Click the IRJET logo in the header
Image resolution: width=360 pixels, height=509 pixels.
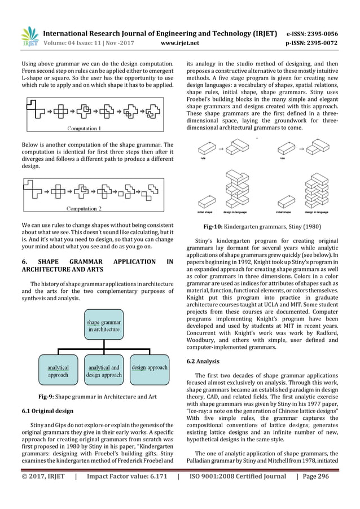pyautogui.click(x=29, y=36)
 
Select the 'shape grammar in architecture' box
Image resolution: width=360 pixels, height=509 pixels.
pyautogui.click(x=103, y=325)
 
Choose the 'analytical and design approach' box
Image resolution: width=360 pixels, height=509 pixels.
pyautogui.click(x=103, y=371)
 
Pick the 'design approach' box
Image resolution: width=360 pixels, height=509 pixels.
pyautogui.click(x=149, y=367)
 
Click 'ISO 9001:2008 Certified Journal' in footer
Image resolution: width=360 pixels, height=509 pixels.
pyautogui.click(x=238, y=492)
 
